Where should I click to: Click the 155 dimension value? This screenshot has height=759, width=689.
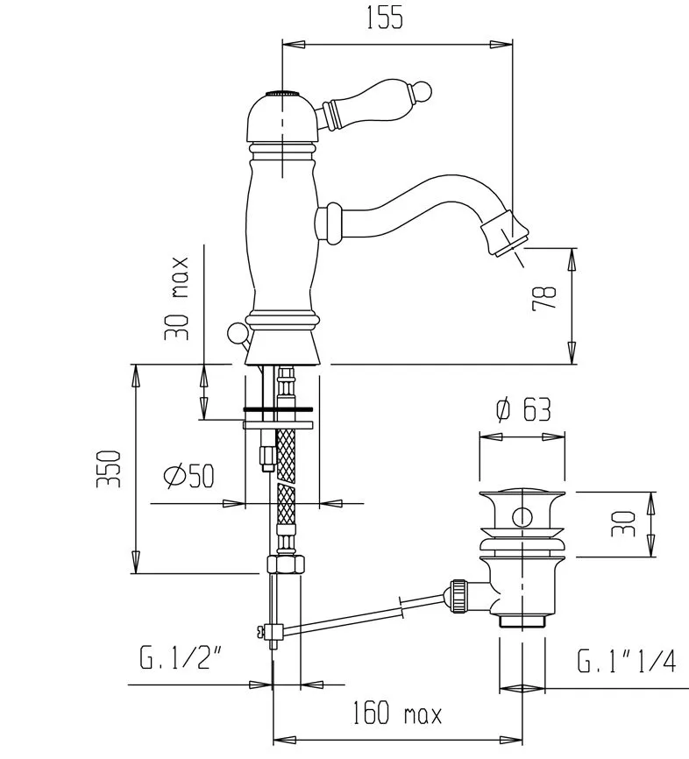tap(385, 18)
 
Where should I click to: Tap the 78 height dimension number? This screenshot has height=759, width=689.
tap(544, 298)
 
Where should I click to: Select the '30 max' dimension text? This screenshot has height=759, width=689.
tap(176, 299)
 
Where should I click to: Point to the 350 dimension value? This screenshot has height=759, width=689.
tap(108, 469)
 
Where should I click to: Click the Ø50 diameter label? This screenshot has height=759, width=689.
tap(188, 476)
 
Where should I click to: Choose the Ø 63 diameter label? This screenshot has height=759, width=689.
tap(523, 410)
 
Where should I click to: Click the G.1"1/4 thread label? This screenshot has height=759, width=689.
tap(626, 661)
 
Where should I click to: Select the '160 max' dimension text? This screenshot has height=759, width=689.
tap(396, 713)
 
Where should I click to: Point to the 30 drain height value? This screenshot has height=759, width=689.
tap(622, 524)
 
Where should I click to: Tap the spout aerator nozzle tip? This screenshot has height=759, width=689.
tap(506, 234)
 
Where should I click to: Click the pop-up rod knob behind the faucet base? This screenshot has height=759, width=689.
tap(238, 333)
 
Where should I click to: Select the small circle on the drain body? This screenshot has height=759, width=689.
tap(522, 517)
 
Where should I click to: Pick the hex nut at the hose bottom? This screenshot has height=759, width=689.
tap(286, 564)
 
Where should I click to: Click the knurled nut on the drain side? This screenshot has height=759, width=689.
tap(458, 596)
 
